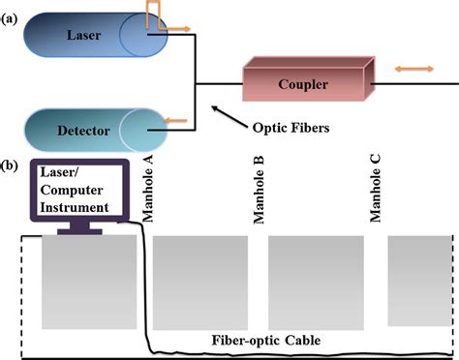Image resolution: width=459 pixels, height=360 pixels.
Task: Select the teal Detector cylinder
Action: [92, 128]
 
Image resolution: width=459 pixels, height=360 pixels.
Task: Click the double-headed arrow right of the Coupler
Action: [412, 70]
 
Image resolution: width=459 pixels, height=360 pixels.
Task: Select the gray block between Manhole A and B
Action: [200, 283]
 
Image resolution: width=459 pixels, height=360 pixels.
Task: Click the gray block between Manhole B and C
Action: [316, 283]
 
